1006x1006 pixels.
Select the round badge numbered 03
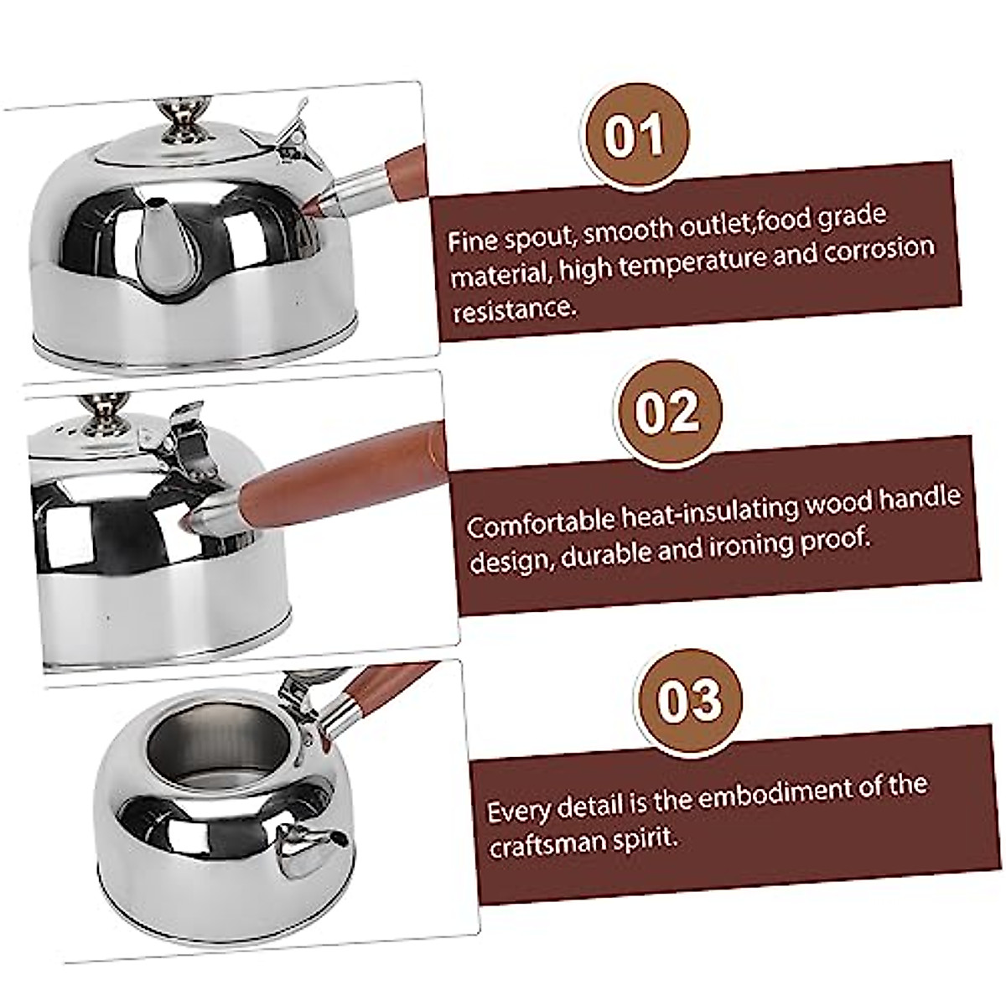(x=690, y=699)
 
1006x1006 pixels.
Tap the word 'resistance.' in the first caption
(x=515, y=310)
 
